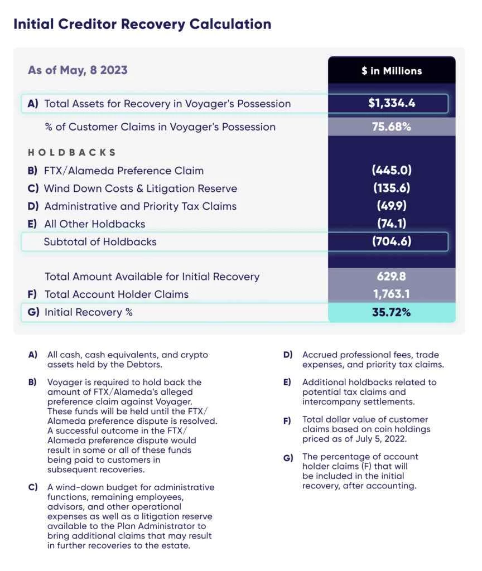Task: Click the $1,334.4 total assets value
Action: pos(391,103)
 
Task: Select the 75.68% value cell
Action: pos(391,127)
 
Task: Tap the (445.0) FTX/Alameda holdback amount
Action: pos(391,171)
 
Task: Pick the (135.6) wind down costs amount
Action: pos(391,188)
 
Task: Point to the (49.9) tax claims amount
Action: pos(391,206)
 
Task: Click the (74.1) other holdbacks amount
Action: pos(391,224)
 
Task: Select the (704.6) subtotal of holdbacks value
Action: pos(391,242)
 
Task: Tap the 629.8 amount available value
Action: pos(391,277)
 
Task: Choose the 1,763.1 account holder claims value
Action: pos(391,294)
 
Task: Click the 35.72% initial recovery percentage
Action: pos(391,312)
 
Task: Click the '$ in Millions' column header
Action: pos(391,71)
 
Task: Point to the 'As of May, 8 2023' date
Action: pos(78,70)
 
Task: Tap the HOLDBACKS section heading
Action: pos(72,152)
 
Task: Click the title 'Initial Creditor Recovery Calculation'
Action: pos(142,25)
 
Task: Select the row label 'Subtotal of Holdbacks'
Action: pos(100,242)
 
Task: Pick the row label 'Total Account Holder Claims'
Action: pos(116,294)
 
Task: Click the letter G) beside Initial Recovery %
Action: pos(33,312)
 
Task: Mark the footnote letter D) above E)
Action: pos(288,355)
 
